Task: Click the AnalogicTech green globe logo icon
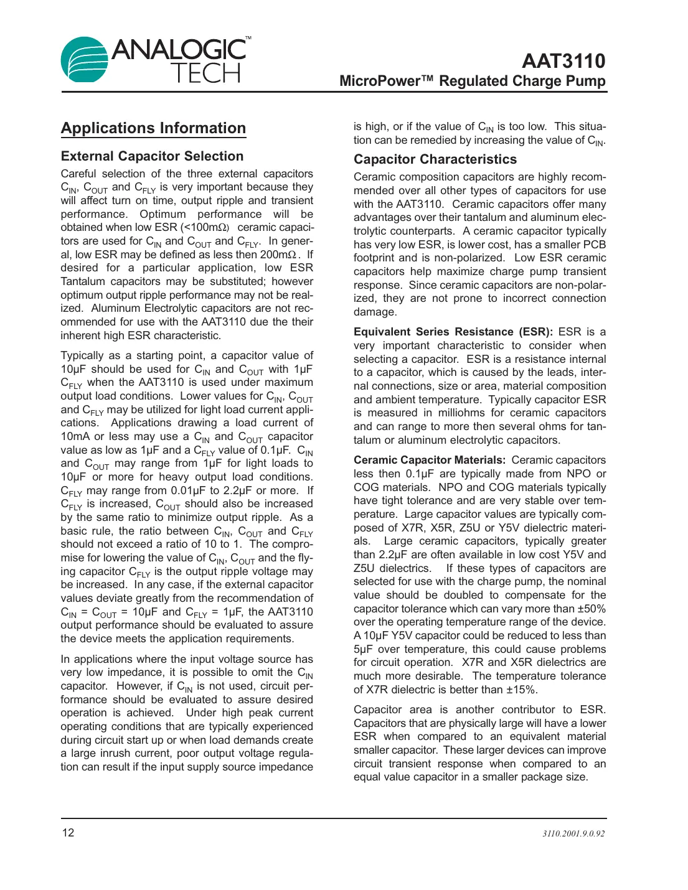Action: tap(84, 60)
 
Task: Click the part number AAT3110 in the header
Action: tap(563, 61)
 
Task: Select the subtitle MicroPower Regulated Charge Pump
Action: tap(472, 82)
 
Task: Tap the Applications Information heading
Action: tap(153, 128)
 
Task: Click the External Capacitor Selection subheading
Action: tap(152, 156)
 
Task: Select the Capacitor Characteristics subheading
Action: tap(435, 159)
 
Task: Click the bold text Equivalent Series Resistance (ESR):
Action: tap(453, 332)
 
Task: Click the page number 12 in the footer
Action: tap(68, 833)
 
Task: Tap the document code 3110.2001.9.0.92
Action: tap(573, 833)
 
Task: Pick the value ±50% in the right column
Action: tap(591, 609)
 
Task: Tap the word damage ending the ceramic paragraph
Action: tap(374, 312)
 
